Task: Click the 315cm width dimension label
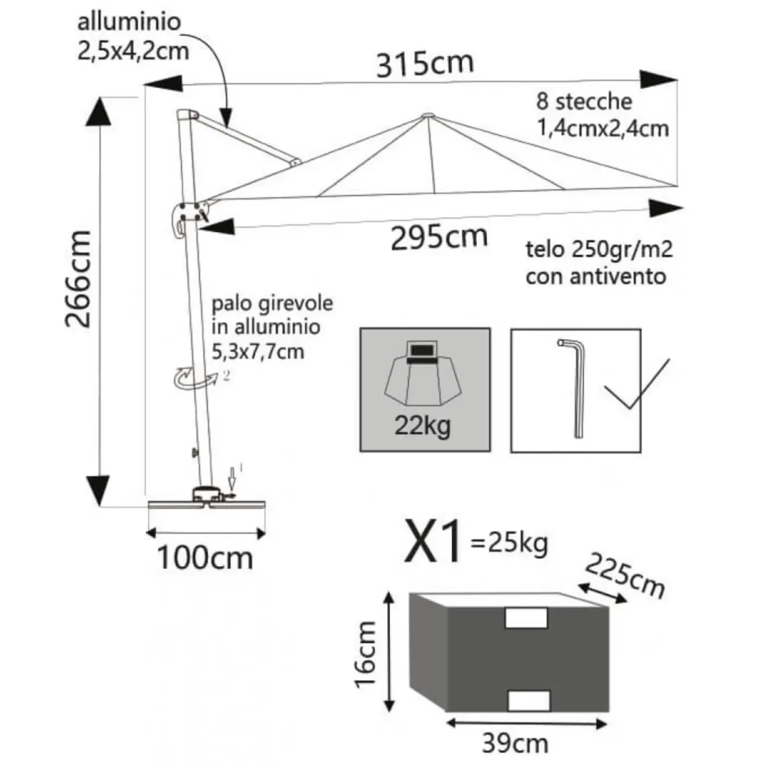[425, 64]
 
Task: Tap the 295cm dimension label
[439, 237]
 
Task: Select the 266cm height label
[78, 279]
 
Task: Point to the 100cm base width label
[205, 558]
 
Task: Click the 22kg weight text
[423, 426]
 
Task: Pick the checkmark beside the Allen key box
[637, 384]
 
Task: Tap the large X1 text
[433, 543]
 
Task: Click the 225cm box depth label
[625, 576]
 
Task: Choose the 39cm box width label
[515, 743]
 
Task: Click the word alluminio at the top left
[129, 22]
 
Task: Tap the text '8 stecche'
[584, 101]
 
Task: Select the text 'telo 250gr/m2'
[599, 250]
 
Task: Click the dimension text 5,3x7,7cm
[258, 352]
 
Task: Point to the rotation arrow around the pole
[194, 377]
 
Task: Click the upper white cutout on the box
[525, 619]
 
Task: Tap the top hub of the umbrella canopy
[428, 115]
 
